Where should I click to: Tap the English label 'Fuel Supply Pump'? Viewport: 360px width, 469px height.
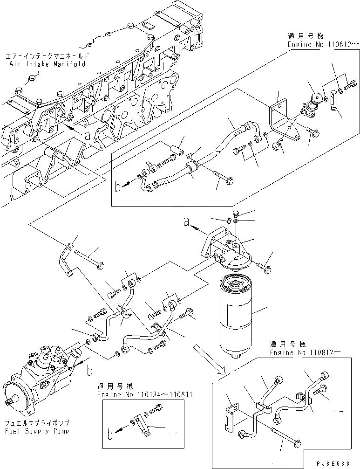[36, 432]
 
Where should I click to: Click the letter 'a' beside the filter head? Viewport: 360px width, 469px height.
[186, 223]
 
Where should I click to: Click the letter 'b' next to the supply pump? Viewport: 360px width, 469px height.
[88, 371]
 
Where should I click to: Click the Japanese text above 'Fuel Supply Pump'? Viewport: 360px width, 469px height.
[36, 423]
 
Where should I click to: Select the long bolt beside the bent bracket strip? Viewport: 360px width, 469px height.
[91, 259]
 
